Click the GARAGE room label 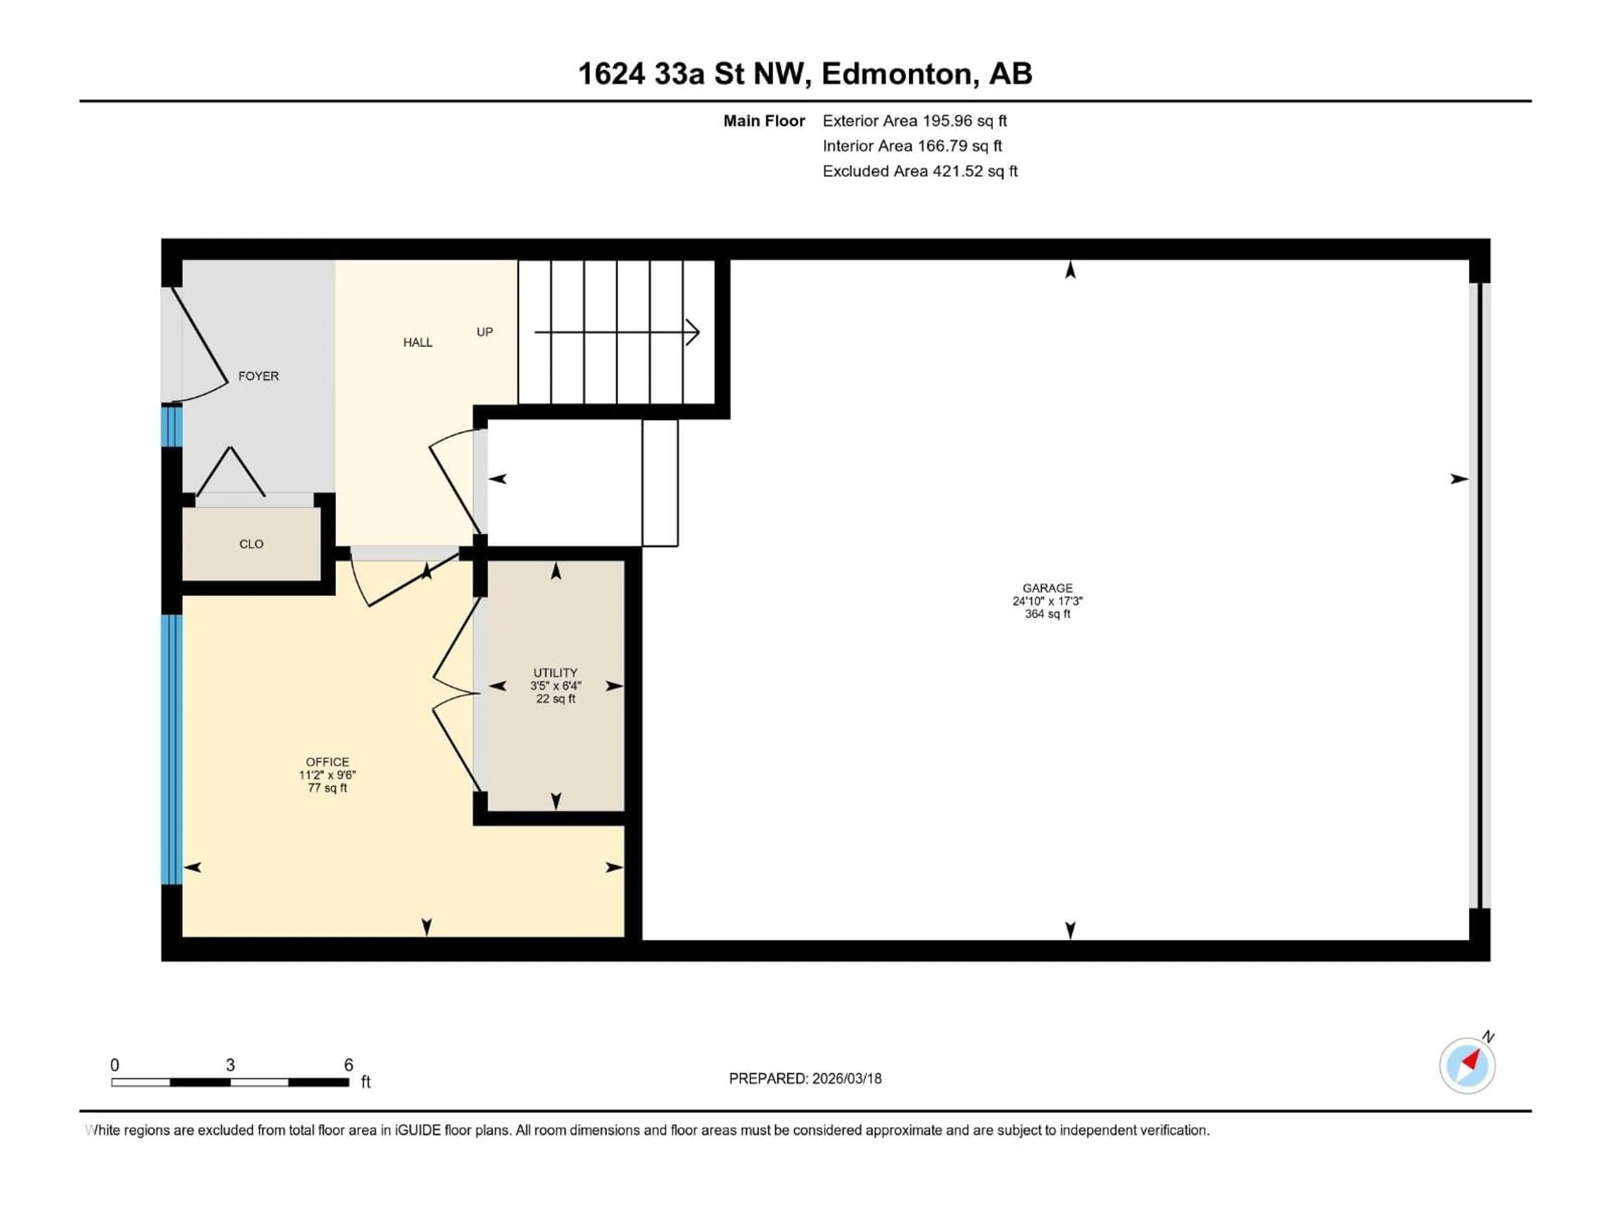pos(1047,588)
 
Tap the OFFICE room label pos(327,762)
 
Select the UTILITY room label pos(555,673)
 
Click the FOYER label pos(258,376)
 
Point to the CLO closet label pos(251,544)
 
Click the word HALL pos(418,343)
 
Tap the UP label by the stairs pos(484,332)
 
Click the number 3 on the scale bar pos(230,1065)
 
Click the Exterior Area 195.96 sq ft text pos(915,121)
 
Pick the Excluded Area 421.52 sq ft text pos(920,171)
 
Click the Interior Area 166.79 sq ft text pos(912,146)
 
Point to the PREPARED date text pos(805,1078)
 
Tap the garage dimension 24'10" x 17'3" pos(1047,601)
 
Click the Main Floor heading pos(764,121)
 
